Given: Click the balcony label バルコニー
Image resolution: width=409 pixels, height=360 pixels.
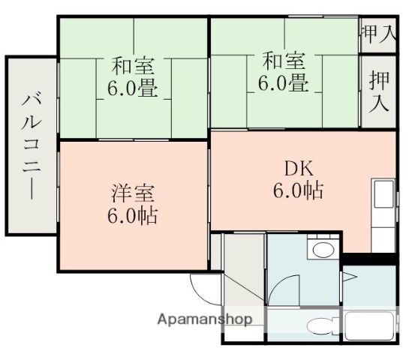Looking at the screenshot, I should (x=31, y=145).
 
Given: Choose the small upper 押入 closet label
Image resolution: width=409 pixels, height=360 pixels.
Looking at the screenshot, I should (x=379, y=33).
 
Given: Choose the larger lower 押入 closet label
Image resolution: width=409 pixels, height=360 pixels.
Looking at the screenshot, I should (x=379, y=92).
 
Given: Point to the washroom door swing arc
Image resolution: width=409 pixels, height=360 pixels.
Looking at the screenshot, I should (x=280, y=289).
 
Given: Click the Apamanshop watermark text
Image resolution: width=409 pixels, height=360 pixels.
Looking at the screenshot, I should (x=205, y=319).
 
